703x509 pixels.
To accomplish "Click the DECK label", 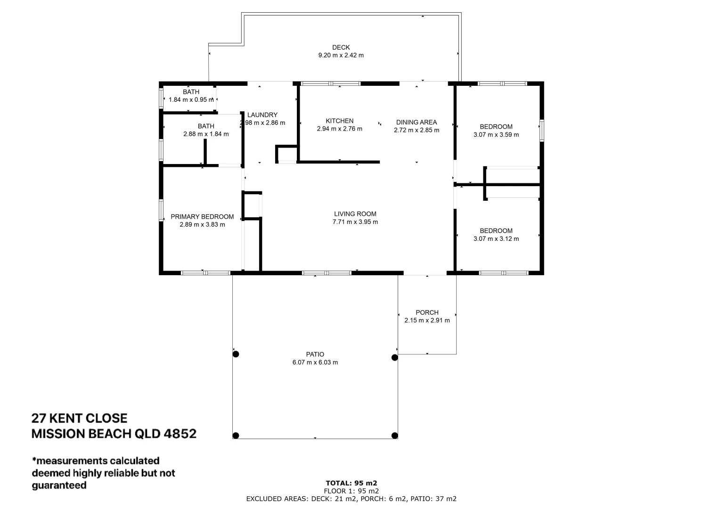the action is click(x=341, y=47).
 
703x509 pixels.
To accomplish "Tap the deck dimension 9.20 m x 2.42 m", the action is click(x=341, y=55).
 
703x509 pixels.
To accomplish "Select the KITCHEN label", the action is click(x=339, y=121).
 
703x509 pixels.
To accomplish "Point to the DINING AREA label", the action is click(x=416, y=122).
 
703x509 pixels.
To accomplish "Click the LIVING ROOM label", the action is click(x=355, y=214).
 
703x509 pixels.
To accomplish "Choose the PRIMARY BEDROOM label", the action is click(x=202, y=217).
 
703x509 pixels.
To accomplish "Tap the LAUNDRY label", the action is click(x=262, y=115).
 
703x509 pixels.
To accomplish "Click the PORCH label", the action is click(x=427, y=312).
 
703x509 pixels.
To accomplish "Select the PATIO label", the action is click(x=315, y=354).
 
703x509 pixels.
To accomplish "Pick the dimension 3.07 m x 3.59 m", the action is click(x=496, y=135).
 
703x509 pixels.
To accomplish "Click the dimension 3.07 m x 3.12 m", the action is click(x=496, y=239).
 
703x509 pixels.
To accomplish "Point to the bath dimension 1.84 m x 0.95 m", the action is click(x=191, y=100).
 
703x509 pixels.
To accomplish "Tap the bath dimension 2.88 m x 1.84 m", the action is click(x=206, y=134).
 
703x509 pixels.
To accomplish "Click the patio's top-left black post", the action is click(x=236, y=354).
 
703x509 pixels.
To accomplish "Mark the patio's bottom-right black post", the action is click(x=395, y=435).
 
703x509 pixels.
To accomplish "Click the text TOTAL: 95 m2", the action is click(x=351, y=483).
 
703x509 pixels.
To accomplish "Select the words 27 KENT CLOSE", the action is click(x=79, y=419).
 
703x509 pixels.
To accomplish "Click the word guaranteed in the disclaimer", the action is click(x=59, y=485).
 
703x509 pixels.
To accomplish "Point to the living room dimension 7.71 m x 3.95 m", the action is click(x=355, y=222).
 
